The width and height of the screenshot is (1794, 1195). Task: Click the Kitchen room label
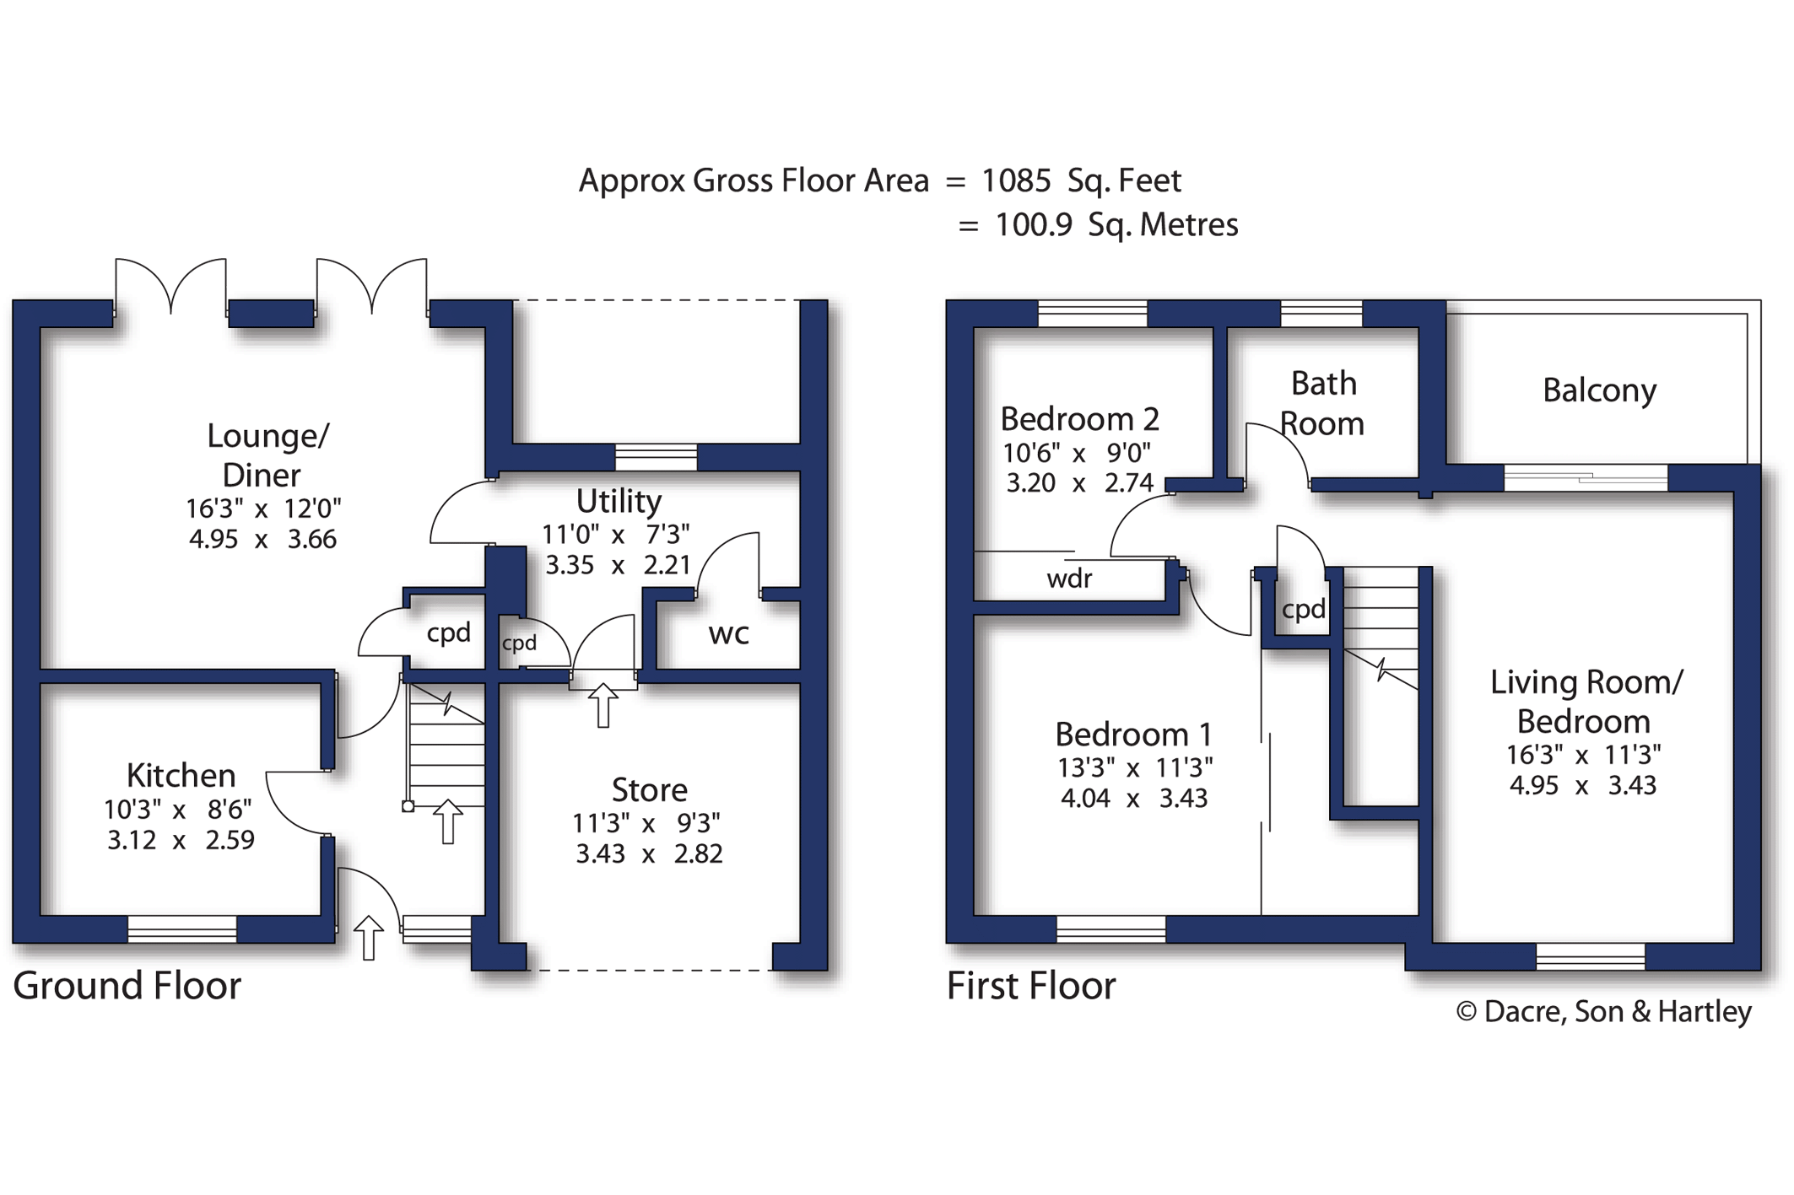(181, 775)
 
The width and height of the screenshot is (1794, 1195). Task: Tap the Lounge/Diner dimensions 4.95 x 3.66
(262, 539)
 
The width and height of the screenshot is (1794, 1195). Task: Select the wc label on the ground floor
(729, 634)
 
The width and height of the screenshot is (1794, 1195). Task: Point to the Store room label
(649, 790)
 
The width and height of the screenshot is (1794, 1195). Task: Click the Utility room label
(619, 502)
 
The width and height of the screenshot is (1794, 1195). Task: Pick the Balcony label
(1599, 390)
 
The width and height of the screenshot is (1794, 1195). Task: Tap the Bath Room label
(1322, 403)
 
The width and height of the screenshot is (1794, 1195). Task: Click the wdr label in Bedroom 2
(1069, 579)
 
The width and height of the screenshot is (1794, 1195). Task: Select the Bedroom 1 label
(1133, 735)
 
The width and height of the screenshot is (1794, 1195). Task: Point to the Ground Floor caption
(127, 985)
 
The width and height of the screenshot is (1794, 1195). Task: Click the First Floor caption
(1031, 985)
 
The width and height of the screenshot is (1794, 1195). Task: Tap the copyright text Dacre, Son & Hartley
(1603, 1011)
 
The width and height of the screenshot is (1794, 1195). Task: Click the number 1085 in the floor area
(1016, 180)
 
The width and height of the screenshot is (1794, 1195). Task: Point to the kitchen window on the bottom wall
(182, 929)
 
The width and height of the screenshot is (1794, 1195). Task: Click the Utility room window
(657, 457)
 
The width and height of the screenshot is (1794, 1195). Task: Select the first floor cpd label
(1303, 610)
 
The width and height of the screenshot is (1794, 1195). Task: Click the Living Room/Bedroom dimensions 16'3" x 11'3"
(1583, 755)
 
